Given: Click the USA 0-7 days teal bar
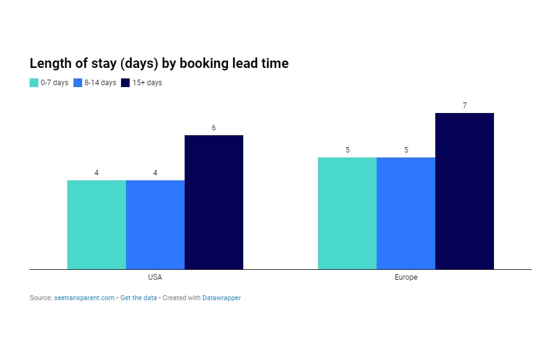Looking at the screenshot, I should pos(96,224).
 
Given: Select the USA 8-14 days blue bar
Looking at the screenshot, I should pos(155,224).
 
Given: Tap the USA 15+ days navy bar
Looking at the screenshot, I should pos(214,202).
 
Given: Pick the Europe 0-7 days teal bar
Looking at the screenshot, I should pos(347,213).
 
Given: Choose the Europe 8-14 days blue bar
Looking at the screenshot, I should pos(406,213).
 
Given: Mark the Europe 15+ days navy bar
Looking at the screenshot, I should pos(464,191).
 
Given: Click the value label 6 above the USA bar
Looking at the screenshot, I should pos(214,128).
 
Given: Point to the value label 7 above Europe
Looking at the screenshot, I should pos(464,106).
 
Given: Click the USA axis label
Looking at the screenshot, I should pos(155,277).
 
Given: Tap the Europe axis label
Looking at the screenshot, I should pos(406,277).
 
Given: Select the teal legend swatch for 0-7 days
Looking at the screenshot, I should pos(34,83).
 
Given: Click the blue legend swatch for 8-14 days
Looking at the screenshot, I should pos(78,83).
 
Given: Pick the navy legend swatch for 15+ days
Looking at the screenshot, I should pos(125,83).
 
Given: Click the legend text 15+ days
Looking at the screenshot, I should pos(147,83).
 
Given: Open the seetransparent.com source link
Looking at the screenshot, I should pos(89,298).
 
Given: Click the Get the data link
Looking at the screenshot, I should pos(138,298).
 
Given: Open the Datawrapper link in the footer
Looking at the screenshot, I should pos(222,298).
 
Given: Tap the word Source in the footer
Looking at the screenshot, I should pos(40,298).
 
